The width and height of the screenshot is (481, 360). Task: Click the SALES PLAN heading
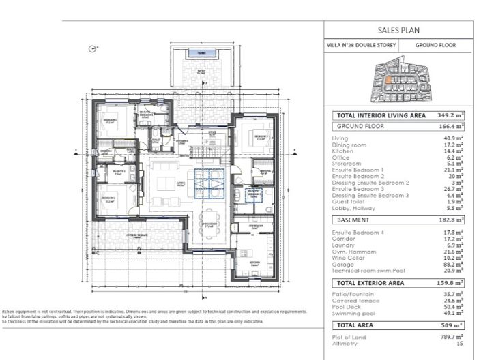[x=398, y=30]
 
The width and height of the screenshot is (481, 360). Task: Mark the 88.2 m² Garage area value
[x=453, y=263]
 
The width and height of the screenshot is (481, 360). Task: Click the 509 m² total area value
[x=452, y=325]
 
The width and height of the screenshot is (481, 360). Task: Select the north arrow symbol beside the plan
[x=92, y=48]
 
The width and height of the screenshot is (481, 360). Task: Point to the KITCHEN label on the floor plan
[x=254, y=261]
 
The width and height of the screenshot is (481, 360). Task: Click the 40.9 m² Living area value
[x=453, y=139]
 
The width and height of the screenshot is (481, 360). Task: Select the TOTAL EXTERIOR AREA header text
[x=374, y=282]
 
